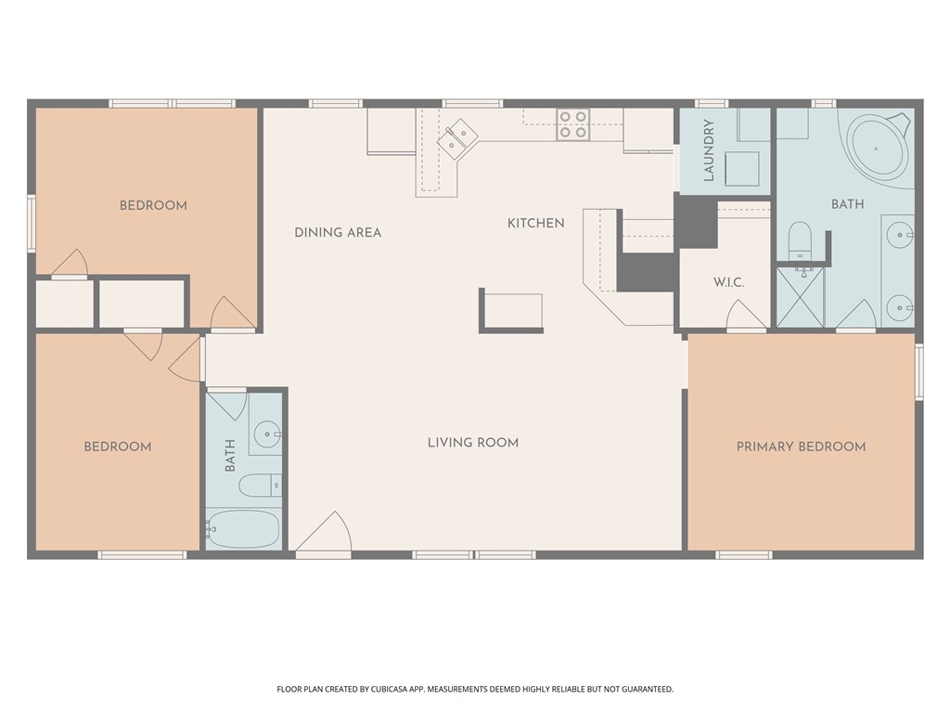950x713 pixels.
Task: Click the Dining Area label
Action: (338, 232)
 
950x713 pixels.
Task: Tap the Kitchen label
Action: (535, 223)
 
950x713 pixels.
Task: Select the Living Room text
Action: (472, 442)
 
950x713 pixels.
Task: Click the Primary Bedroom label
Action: (801, 447)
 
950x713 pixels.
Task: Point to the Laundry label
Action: (709, 149)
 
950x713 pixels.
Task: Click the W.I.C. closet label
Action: (728, 282)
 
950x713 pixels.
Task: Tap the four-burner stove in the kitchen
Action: (572, 124)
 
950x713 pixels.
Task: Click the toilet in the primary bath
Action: (800, 241)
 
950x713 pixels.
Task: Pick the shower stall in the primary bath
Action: (800, 297)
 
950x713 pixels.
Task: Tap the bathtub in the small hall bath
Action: (242, 529)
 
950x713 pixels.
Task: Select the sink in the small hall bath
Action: (267, 434)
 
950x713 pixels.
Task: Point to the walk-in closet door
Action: (747, 318)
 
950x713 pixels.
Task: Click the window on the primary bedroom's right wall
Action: (918, 371)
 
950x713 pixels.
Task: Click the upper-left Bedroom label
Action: (153, 205)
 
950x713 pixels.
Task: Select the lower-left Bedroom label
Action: (118, 447)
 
